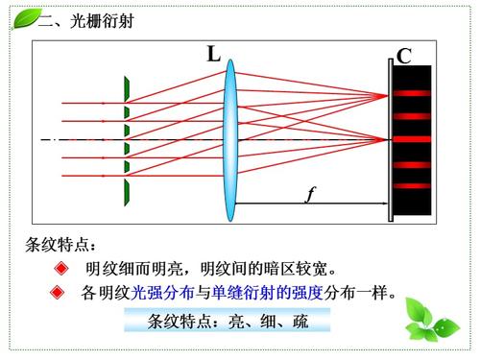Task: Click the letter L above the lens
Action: pos(213,55)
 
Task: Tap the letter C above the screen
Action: pos(404,57)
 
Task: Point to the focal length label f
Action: pos(310,196)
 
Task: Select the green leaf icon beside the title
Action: pos(23,17)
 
